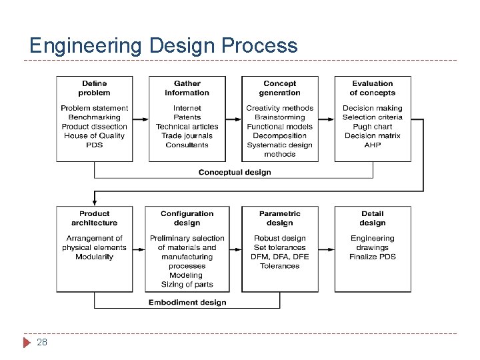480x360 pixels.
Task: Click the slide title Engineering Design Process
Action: point(163,45)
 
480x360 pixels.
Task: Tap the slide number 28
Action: point(42,342)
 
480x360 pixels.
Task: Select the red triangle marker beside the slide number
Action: point(27,343)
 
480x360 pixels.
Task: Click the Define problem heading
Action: point(94,88)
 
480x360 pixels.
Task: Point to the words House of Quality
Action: point(94,136)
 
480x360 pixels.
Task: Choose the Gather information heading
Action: point(187,88)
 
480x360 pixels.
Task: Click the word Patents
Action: point(187,117)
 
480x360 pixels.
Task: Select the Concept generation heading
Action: point(279,88)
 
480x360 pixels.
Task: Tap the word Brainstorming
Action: point(279,117)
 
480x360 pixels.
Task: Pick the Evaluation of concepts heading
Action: point(372,88)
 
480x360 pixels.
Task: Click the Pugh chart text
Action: point(372,127)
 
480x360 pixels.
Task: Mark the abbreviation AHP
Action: point(372,145)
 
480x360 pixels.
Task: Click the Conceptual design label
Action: point(235,172)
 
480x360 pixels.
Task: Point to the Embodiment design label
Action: point(187,302)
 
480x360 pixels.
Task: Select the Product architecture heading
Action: point(94,218)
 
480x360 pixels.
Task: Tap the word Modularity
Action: point(94,257)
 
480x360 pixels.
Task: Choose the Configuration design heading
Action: point(187,218)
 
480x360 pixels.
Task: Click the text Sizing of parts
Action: point(187,285)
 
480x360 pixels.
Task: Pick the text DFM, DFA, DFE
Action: point(279,257)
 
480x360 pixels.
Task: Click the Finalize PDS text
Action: point(372,257)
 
